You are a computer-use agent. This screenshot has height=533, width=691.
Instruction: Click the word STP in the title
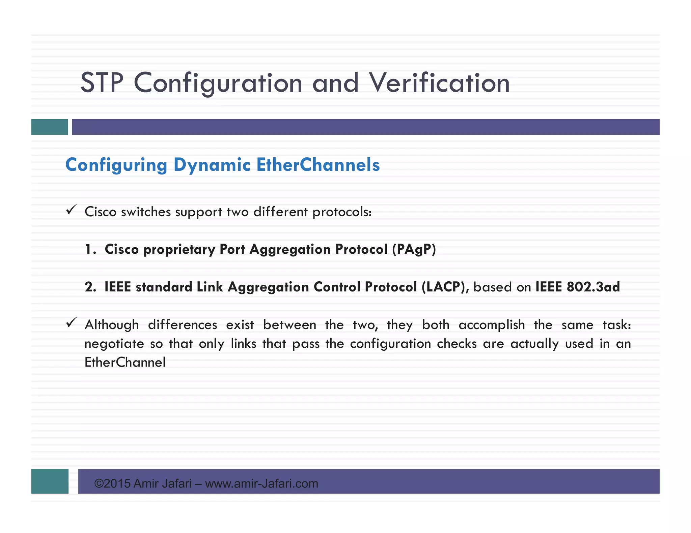pos(102,83)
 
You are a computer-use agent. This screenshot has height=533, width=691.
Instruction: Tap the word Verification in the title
pos(439,83)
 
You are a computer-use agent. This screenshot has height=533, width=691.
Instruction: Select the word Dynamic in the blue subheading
pos(212,165)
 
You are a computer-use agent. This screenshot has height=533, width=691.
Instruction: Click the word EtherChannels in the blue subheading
pos(318,165)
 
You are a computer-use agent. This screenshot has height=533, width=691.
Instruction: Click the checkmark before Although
pos(71,322)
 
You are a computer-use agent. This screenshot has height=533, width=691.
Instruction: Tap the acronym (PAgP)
pos(414,249)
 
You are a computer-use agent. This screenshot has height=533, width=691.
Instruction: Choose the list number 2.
pos(90,287)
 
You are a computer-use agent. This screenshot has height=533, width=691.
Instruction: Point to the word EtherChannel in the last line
pos(125,363)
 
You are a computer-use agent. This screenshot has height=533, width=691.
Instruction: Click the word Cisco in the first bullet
pos(100,212)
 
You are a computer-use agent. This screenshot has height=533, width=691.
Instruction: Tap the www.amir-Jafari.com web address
pos(261,483)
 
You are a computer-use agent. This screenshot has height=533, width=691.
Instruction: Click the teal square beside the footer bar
pos(50,481)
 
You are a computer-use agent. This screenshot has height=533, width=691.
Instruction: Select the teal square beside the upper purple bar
pos(50,127)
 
